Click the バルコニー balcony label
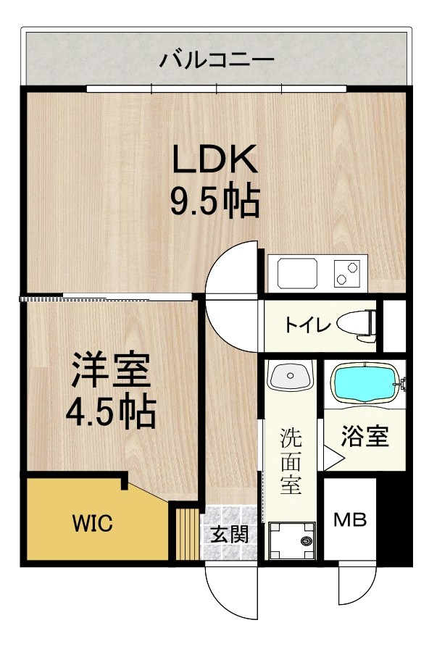[x=217, y=57]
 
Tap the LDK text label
[x=214, y=159]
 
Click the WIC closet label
[x=91, y=523]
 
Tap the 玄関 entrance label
[x=230, y=535]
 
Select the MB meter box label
[x=350, y=519]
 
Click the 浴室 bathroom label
[x=365, y=437]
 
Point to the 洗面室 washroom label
[x=291, y=461]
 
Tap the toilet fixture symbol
[x=358, y=324]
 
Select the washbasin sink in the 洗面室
[x=289, y=377]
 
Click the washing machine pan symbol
[x=293, y=540]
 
